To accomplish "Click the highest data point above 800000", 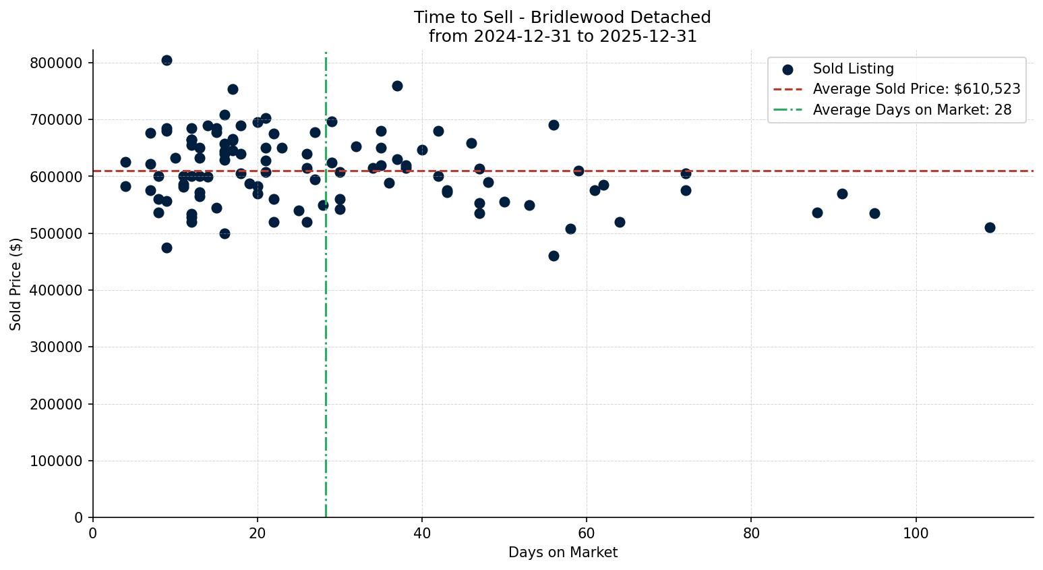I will pos(167,60).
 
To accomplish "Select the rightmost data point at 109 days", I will pos(990,227).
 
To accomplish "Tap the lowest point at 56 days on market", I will pos(554,256).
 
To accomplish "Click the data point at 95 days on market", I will pos(874,213).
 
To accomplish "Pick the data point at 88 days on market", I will pos(817,212).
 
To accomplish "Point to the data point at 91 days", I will pos(842,194).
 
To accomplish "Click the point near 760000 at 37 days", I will pos(397,86).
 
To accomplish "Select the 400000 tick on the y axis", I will pos(57,290).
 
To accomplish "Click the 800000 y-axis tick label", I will pos(57,63).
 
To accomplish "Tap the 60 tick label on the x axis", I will pos(587,533).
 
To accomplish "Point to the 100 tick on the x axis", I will pos(916,533).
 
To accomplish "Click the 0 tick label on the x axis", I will pos(93,533).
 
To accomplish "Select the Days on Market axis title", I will pos(563,552).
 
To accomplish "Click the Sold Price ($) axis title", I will pos(16,284).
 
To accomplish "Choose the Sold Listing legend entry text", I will pos(853,69).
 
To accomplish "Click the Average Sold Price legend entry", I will pos(916,89).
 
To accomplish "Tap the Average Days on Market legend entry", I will pos(912,110).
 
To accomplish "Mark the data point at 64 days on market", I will pos(620,222).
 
